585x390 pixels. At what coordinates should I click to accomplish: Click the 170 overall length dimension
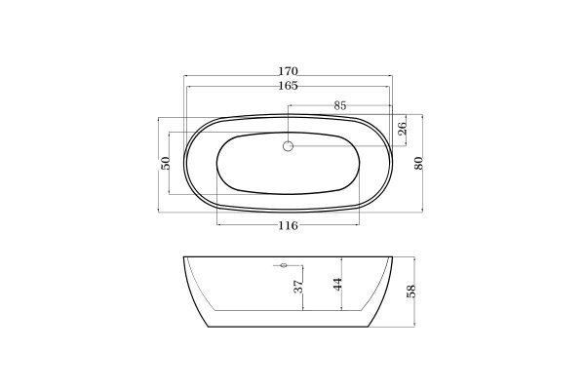(x=288, y=71)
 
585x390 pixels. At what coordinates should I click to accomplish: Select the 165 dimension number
(x=288, y=86)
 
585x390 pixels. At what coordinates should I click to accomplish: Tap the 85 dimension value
(x=340, y=105)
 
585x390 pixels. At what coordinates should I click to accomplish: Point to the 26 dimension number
(x=402, y=129)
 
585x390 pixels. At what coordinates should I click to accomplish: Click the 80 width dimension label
(x=419, y=163)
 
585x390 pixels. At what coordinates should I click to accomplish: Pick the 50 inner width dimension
(x=166, y=163)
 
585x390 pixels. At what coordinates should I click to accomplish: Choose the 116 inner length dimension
(x=288, y=225)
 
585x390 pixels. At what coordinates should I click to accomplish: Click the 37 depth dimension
(x=298, y=287)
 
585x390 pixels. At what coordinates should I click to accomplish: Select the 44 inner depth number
(x=337, y=285)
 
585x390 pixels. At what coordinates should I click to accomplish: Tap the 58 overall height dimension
(x=410, y=292)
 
